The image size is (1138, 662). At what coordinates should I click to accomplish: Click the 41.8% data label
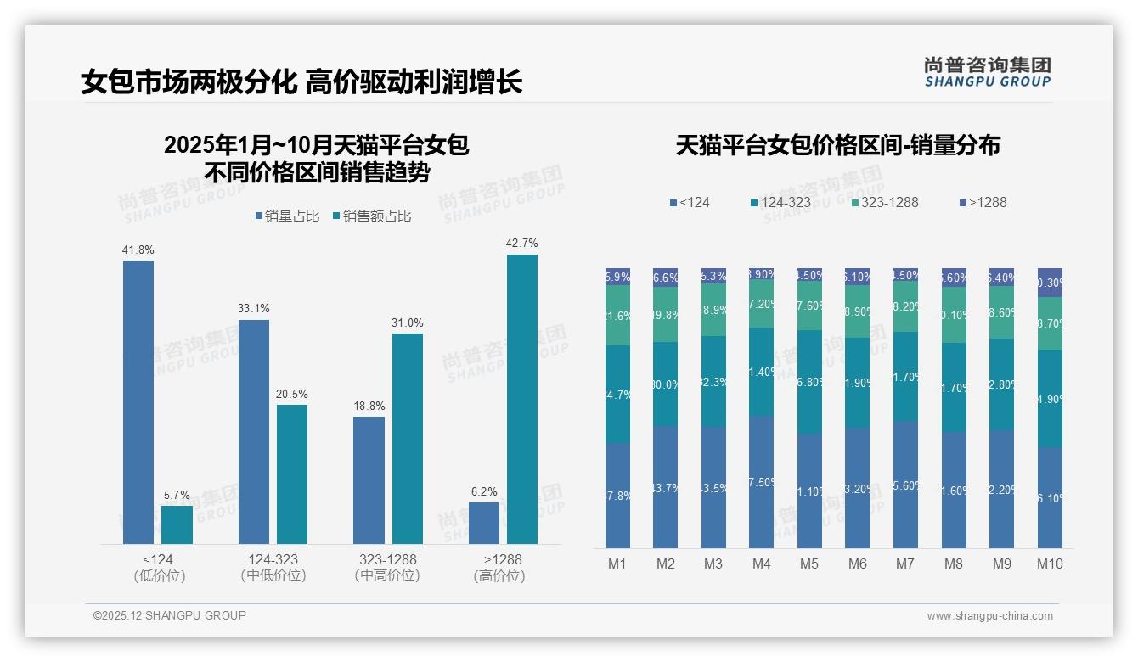[x=138, y=250]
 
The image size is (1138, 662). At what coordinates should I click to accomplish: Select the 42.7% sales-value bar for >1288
[x=522, y=399]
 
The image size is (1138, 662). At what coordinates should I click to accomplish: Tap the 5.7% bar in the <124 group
[x=177, y=525]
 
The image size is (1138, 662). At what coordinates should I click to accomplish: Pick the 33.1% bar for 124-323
[x=254, y=431]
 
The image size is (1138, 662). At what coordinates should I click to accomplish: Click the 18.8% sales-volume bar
[x=369, y=480]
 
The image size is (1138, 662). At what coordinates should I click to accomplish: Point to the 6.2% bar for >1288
[x=484, y=523]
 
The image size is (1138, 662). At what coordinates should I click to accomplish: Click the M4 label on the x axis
[x=761, y=564]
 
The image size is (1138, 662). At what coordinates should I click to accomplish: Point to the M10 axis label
[x=1050, y=564]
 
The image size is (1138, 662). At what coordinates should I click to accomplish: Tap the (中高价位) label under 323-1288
[x=386, y=575]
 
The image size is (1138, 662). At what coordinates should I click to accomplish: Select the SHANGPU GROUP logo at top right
[x=987, y=72]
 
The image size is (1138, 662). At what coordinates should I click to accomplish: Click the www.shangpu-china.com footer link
[x=989, y=616]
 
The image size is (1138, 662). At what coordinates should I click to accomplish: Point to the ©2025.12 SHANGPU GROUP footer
[x=170, y=615]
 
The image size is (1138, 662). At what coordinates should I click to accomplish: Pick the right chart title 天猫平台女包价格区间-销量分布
[x=838, y=145]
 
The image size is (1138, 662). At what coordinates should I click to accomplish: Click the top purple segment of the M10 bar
[x=1050, y=283]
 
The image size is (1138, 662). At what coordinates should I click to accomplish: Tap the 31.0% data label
[x=408, y=323]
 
